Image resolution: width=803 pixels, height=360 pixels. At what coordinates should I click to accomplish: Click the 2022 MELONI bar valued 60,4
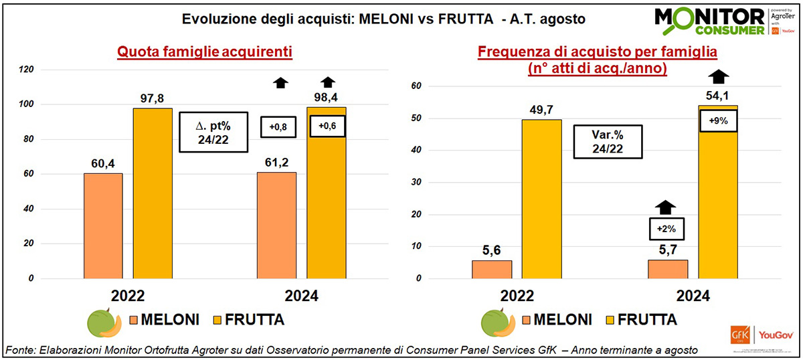coord(103,226)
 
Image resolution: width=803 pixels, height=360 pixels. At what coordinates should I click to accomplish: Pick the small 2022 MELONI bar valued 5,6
coord(492,269)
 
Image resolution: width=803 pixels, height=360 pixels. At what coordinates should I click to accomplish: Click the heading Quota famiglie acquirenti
coord(205,52)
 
